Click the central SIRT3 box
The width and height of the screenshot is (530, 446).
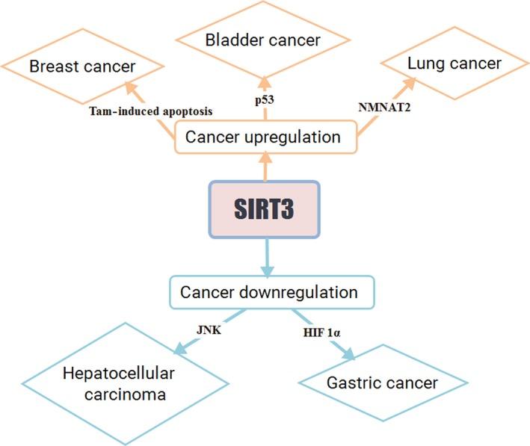[265, 209]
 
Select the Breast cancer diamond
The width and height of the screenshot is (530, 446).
[82, 66]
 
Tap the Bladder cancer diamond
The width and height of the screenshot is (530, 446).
[263, 40]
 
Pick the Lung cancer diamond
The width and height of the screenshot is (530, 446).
[454, 64]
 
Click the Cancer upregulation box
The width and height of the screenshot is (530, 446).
[265, 137]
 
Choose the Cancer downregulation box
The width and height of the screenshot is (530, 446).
[272, 292]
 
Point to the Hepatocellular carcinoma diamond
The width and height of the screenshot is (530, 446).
[126, 383]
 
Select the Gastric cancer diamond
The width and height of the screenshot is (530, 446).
[383, 382]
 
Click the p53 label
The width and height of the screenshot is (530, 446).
[265, 100]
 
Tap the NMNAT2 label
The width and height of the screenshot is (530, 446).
[384, 107]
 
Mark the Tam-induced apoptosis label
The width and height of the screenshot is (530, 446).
[151, 111]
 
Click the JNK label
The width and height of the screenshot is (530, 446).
[209, 329]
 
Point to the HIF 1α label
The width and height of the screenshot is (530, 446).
[321, 332]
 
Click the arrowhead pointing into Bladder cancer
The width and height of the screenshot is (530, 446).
[265, 83]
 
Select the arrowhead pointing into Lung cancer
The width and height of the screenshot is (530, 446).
[408, 84]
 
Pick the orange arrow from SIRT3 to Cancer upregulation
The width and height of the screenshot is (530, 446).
[266, 167]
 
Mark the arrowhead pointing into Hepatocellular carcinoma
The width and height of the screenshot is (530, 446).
[180, 348]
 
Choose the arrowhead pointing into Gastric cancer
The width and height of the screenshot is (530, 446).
[348, 353]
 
